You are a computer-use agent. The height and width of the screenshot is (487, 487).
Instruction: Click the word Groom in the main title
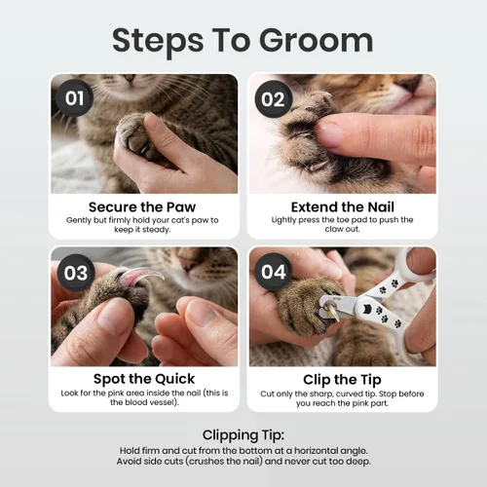click(x=316, y=40)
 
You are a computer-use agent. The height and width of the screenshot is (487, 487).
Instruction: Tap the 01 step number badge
click(x=75, y=98)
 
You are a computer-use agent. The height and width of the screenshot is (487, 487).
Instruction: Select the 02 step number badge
click(x=273, y=99)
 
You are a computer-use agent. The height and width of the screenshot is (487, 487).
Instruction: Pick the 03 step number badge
click(x=76, y=273)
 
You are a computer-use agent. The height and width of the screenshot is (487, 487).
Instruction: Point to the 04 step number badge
click(x=274, y=272)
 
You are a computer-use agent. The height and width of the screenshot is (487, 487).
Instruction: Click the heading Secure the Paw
click(x=142, y=206)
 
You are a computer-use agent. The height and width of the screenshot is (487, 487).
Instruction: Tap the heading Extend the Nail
click(x=343, y=206)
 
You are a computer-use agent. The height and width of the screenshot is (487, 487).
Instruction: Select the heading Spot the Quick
click(x=144, y=379)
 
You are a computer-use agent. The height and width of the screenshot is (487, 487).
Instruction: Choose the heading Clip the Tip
click(x=342, y=380)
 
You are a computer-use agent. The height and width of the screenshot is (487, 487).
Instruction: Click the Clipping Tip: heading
click(x=243, y=435)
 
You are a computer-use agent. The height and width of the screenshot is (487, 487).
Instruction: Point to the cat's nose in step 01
click(x=130, y=78)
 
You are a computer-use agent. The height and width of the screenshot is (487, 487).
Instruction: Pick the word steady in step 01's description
click(x=158, y=230)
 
